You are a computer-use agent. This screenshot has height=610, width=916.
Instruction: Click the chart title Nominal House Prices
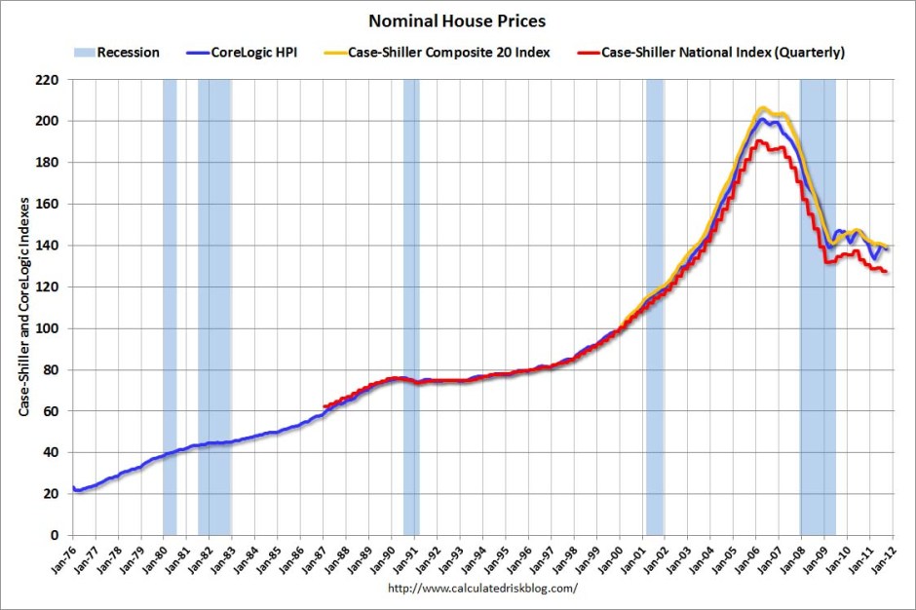tap(456, 19)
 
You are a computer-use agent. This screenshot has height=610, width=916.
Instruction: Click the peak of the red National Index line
tap(757, 141)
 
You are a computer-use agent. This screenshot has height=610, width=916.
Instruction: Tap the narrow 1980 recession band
tap(170, 292)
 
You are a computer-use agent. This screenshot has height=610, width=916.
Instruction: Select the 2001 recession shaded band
tap(654, 292)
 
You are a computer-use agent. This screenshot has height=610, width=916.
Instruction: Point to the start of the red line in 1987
tap(324, 406)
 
